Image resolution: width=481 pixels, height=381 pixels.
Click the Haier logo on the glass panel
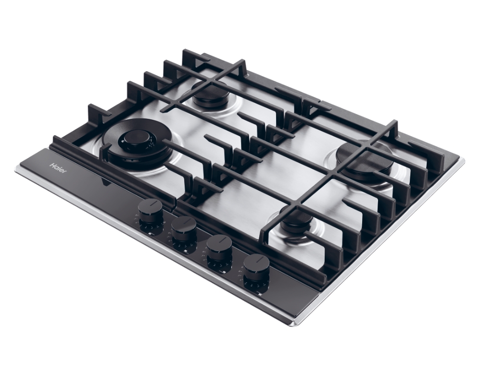[x=58, y=169]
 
